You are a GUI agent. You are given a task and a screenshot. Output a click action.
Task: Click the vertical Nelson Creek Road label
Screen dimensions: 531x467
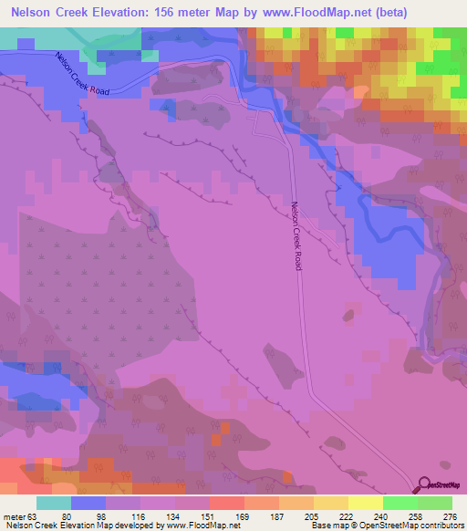296,234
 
